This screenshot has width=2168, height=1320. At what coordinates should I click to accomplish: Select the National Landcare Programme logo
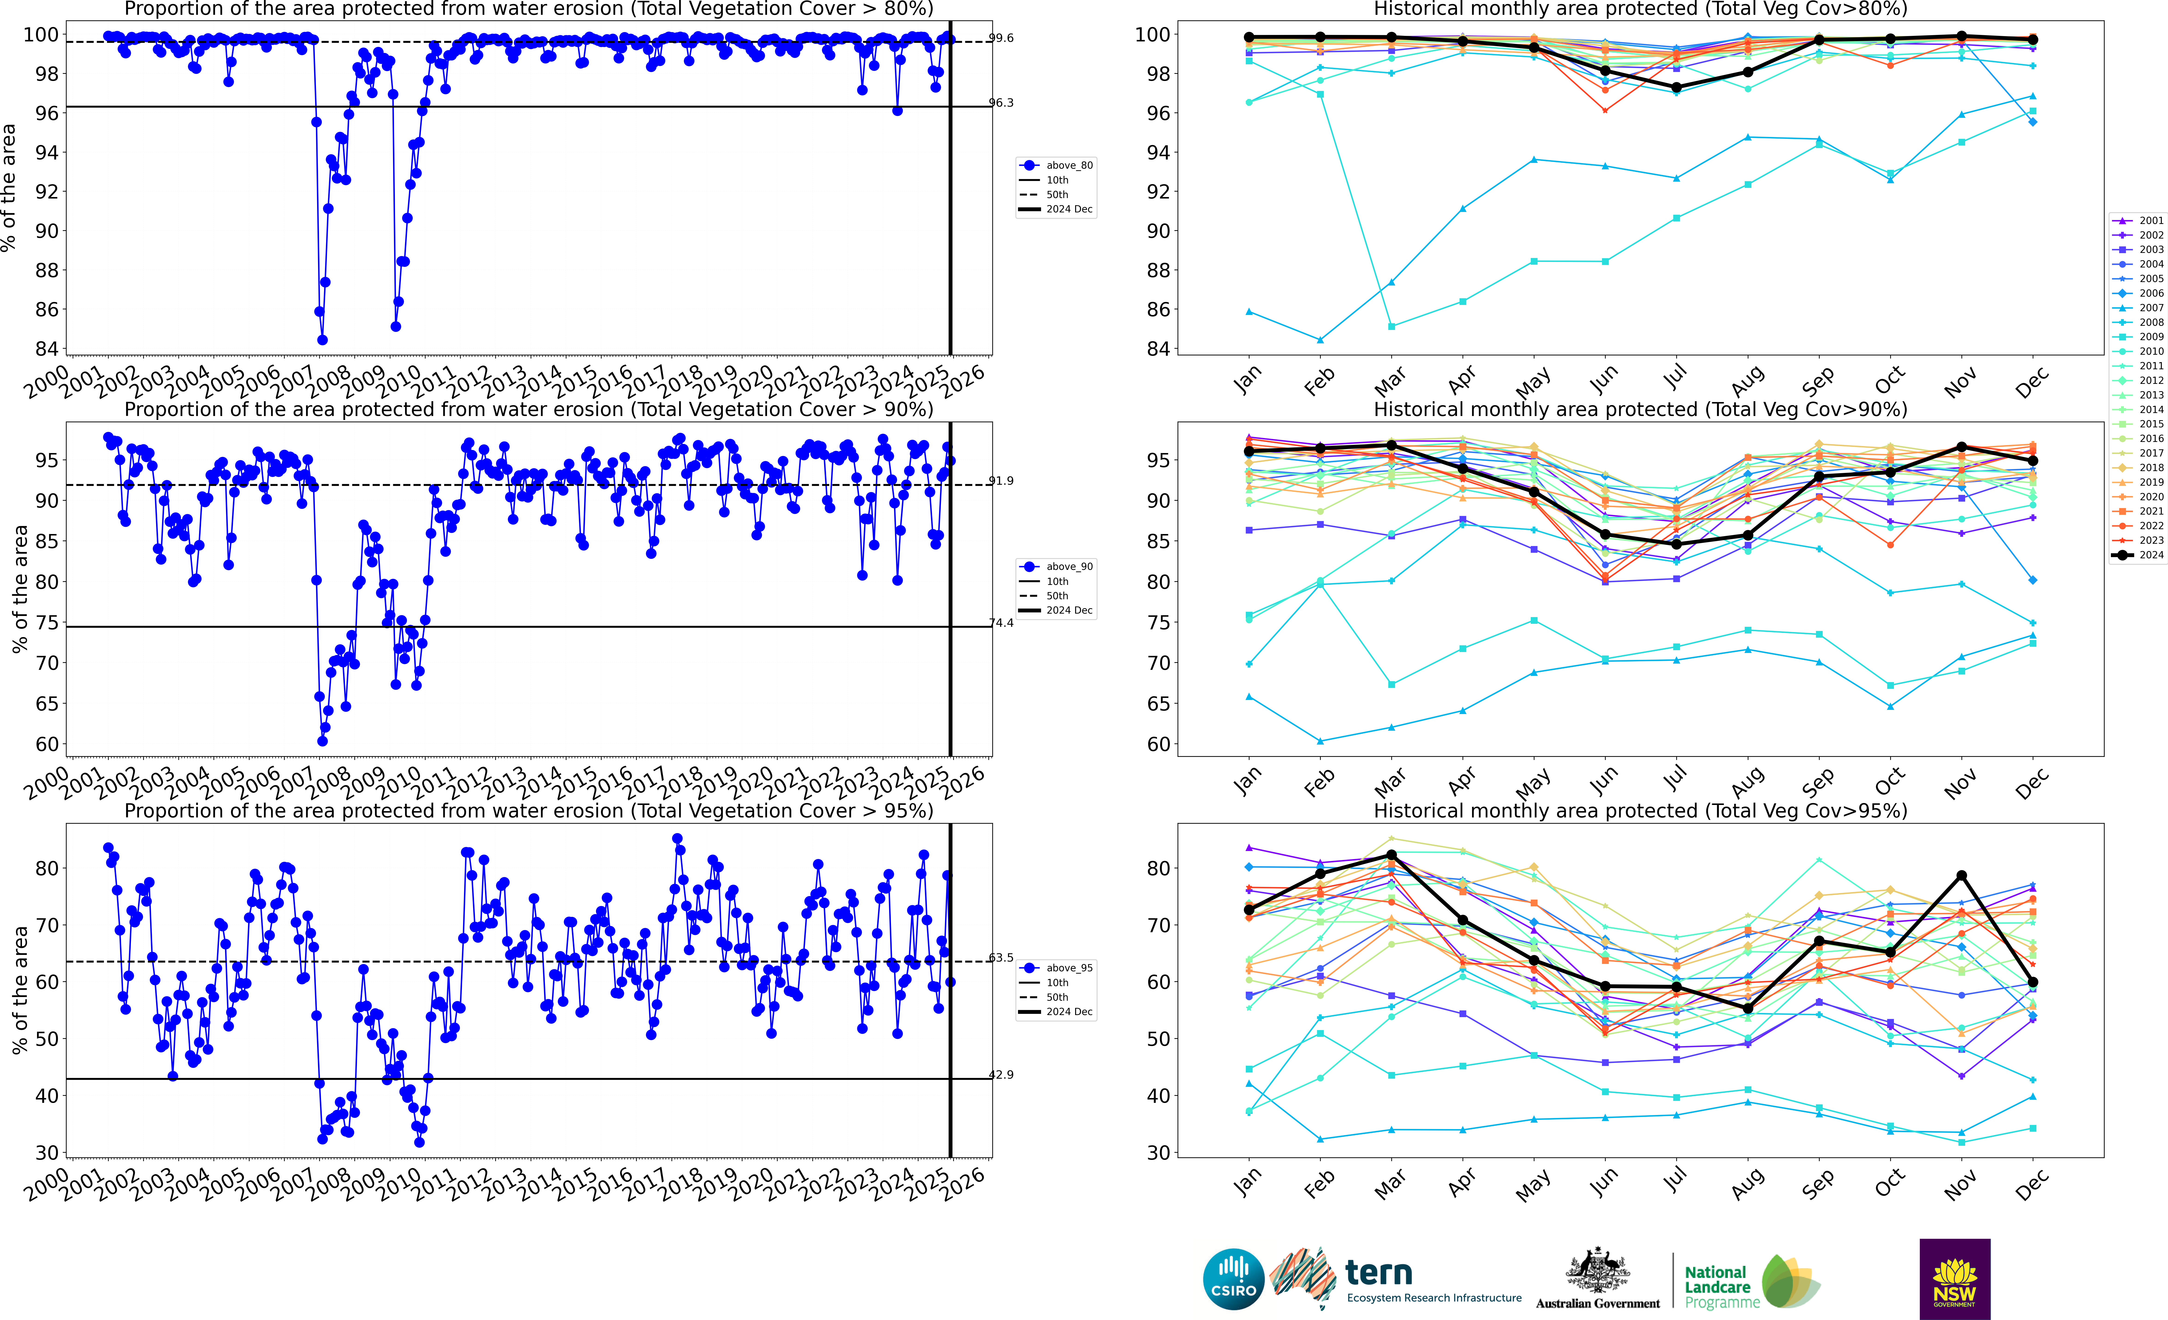(x=1751, y=1283)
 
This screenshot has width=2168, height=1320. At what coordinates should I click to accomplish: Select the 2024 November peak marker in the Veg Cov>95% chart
(x=1961, y=876)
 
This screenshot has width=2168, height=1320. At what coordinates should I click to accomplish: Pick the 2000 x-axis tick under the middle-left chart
(x=47, y=781)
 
